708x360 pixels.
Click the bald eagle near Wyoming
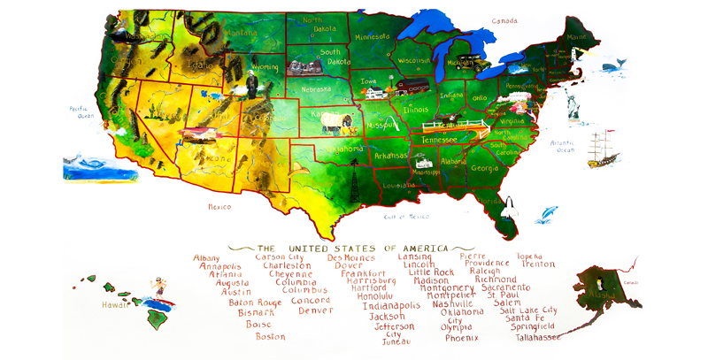coord(252,86)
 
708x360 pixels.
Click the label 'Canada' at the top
coord(504,19)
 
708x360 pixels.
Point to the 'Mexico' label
coord(219,207)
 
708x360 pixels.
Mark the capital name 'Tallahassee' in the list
coord(535,337)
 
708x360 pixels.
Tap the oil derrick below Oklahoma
coord(354,186)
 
